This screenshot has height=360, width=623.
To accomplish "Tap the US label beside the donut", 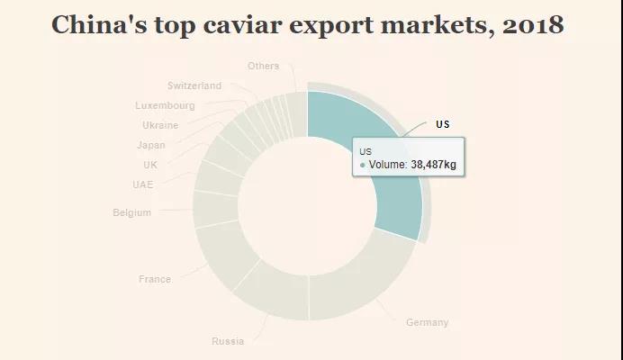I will [x=442, y=124].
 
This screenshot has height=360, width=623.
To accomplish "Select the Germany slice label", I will [x=427, y=322].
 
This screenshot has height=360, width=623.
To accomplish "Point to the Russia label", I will [x=227, y=341].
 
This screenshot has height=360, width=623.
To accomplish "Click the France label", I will [x=154, y=279].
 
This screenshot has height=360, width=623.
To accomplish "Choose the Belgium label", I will [x=131, y=212].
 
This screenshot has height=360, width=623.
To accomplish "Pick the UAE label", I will [x=142, y=184].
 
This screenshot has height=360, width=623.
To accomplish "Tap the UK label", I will [x=149, y=165].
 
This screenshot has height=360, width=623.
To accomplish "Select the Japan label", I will [x=150, y=145].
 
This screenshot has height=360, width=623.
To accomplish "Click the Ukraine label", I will [x=159, y=125].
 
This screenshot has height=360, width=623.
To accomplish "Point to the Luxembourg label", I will [x=165, y=105].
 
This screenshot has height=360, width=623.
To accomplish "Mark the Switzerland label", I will [x=194, y=85].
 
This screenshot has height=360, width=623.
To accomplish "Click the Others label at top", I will [x=263, y=66].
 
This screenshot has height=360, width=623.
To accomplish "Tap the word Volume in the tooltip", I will [x=385, y=165].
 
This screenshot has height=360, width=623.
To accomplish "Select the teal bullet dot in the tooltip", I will [x=362, y=166].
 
